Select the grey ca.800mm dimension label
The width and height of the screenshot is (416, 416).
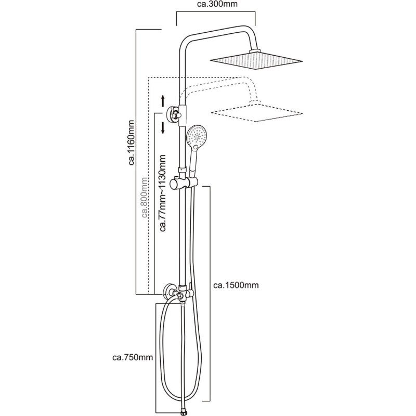pyautogui.click(x=145, y=200)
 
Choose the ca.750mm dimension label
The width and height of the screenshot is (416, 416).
pyautogui.click(x=132, y=357)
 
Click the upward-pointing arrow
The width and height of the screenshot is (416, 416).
pyautogui.click(x=163, y=100)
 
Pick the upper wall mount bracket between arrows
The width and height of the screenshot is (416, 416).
pyautogui.click(x=175, y=113)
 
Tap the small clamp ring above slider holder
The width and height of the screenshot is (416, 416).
pyautogui.click(x=181, y=170)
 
